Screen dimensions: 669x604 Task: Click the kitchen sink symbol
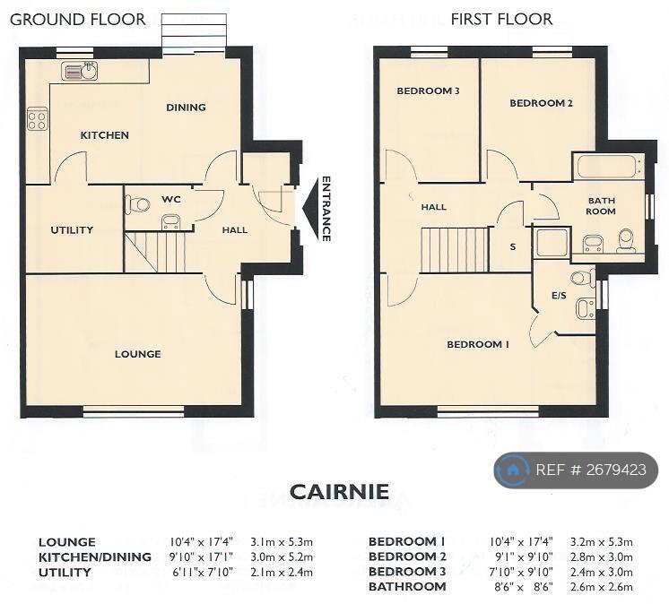(x=79, y=71)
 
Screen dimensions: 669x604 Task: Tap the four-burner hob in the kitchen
(x=37, y=118)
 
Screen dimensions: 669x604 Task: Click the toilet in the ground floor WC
(x=137, y=203)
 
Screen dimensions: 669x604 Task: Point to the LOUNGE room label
(x=138, y=354)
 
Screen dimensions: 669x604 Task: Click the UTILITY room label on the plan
(x=72, y=230)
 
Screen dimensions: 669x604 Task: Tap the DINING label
(x=186, y=108)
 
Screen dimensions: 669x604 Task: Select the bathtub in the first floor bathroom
(x=608, y=167)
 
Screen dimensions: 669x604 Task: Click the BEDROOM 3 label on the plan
(x=428, y=91)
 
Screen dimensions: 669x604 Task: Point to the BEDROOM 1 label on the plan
(x=478, y=344)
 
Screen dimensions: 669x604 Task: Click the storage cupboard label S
(x=513, y=246)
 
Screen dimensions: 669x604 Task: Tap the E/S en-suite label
(x=559, y=296)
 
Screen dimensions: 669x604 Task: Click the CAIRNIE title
(x=339, y=491)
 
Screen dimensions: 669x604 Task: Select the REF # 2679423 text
(x=591, y=470)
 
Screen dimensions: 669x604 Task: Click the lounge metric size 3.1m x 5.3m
(x=282, y=542)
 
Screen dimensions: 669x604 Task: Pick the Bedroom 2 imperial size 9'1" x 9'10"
(x=524, y=557)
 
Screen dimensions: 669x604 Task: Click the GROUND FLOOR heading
(x=78, y=20)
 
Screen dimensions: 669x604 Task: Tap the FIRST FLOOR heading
(x=502, y=19)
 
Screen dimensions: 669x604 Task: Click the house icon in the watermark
(x=512, y=470)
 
